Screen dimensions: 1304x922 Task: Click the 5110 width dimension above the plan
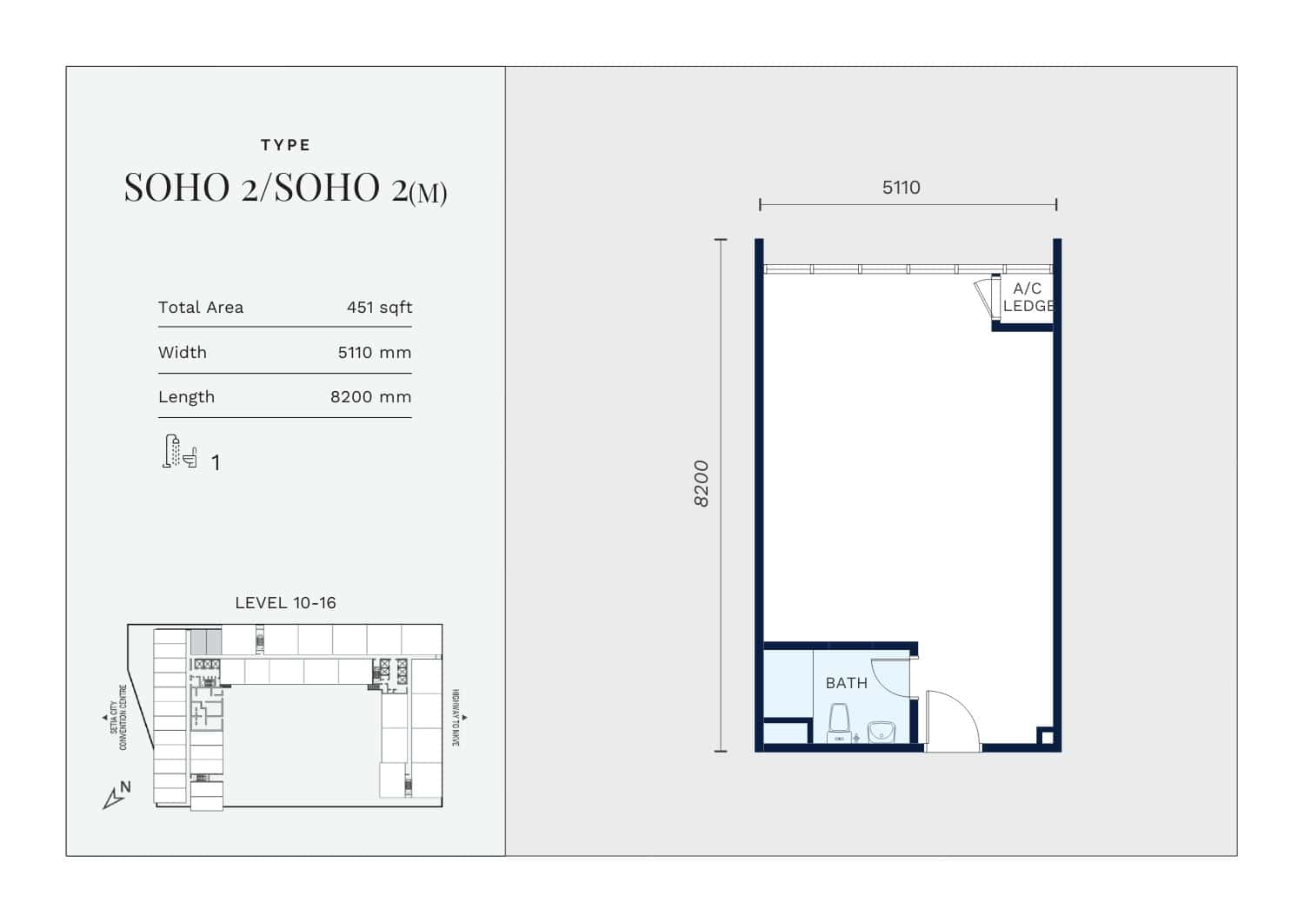coord(901,188)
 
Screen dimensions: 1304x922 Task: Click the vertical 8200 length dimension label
coord(702,484)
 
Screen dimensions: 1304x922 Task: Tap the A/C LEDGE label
coord(1028,297)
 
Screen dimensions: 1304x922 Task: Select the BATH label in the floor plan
coord(847,683)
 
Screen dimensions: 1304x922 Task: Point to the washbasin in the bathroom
coord(882,732)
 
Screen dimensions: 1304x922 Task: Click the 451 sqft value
coord(380,308)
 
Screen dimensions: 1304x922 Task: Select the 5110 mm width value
coord(375,353)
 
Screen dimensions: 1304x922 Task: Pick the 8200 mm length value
coord(371,397)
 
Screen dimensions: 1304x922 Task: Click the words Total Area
coord(201,308)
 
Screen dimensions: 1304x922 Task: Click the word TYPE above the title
coord(285,145)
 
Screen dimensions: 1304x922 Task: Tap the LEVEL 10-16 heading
coord(285,603)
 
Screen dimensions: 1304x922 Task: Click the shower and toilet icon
coord(180,452)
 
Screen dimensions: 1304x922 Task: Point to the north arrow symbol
coord(116,796)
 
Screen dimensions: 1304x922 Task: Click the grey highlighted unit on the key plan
coord(206,642)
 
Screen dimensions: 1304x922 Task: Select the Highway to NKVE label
coord(456,718)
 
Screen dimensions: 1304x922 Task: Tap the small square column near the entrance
coord(1047,738)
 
